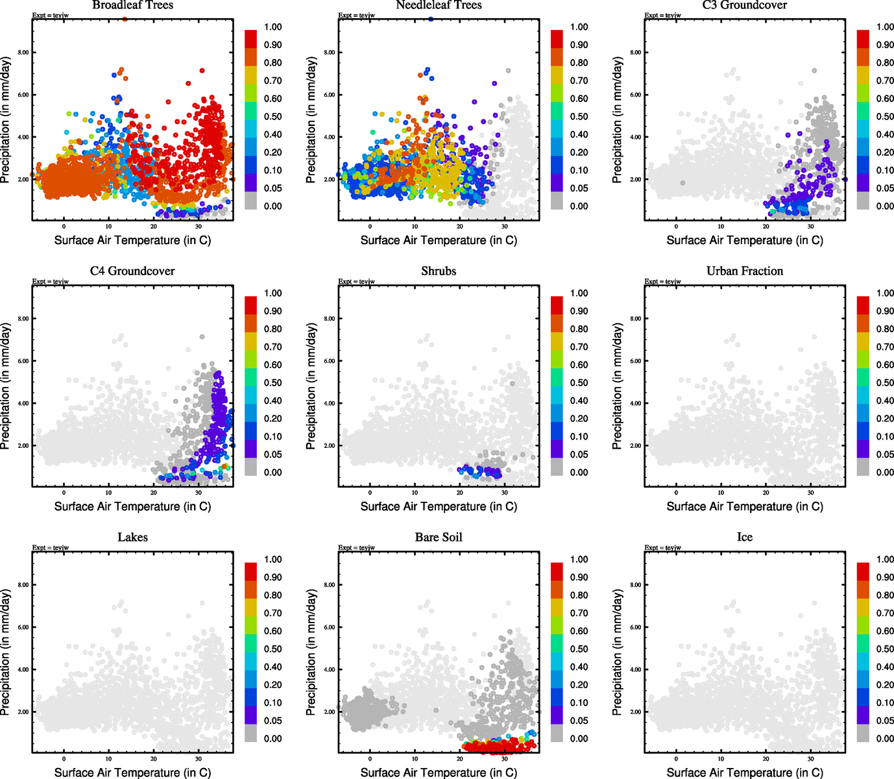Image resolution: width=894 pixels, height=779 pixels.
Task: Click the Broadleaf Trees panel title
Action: (132, 5)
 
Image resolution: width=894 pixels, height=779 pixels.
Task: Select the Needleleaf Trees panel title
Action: (439, 5)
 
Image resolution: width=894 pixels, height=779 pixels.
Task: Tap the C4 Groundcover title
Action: (132, 271)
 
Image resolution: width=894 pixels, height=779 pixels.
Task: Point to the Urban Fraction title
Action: (745, 271)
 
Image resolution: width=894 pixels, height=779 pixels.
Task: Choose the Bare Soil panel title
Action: (439, 538)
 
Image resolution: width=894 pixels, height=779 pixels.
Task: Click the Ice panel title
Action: (745, 538)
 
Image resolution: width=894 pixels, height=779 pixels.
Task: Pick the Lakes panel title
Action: (132, 538)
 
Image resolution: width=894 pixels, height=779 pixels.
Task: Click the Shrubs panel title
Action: (439, 271)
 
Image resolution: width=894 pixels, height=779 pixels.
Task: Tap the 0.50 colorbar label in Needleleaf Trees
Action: (579, 117)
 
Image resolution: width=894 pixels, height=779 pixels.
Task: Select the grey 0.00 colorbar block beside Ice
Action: (863, 733)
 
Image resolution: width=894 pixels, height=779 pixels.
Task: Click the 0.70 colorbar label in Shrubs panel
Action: (579, 347)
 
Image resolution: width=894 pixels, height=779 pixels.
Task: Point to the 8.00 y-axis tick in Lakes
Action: (23, 585)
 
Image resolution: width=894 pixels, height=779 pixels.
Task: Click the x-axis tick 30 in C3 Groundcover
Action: (811, 227)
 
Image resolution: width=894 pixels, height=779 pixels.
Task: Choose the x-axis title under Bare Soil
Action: (439, 773)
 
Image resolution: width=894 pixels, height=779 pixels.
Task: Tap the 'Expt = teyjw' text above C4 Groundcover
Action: (51, 282)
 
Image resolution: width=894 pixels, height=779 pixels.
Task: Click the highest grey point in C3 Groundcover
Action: (814, 71)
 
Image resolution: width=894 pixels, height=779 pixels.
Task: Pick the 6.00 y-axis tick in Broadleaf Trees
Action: (23, 95)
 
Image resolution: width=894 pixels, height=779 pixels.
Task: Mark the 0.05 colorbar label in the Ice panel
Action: (885, 721)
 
